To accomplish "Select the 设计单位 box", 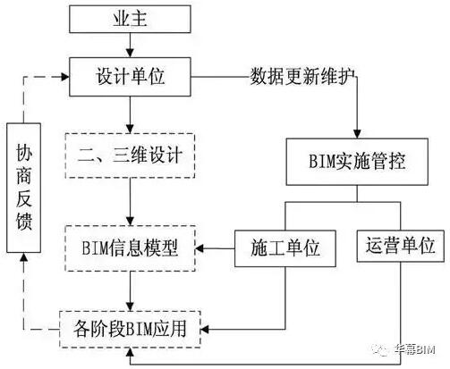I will (x=131, y=78).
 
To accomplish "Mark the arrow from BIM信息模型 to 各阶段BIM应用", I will (x=131, y=287).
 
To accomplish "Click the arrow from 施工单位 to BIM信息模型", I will (x=215, y=244).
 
